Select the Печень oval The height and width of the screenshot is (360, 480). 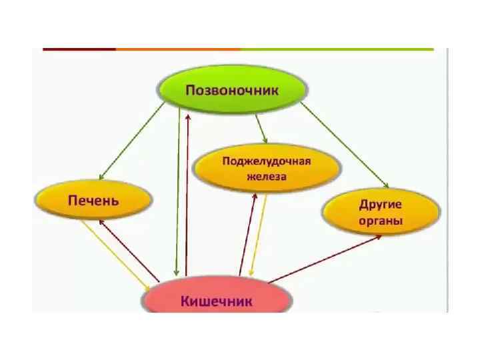coord(94,199)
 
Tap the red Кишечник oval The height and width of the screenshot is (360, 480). coord(217,299)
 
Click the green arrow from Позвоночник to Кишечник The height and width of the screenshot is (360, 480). coord(177,193)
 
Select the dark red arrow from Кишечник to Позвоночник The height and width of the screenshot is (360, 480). coord(187,193)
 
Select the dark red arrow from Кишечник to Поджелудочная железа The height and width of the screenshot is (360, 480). coord(247,233)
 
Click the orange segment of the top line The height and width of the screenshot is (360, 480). coord(177,49)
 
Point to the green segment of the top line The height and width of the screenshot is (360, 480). coord(337,49)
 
